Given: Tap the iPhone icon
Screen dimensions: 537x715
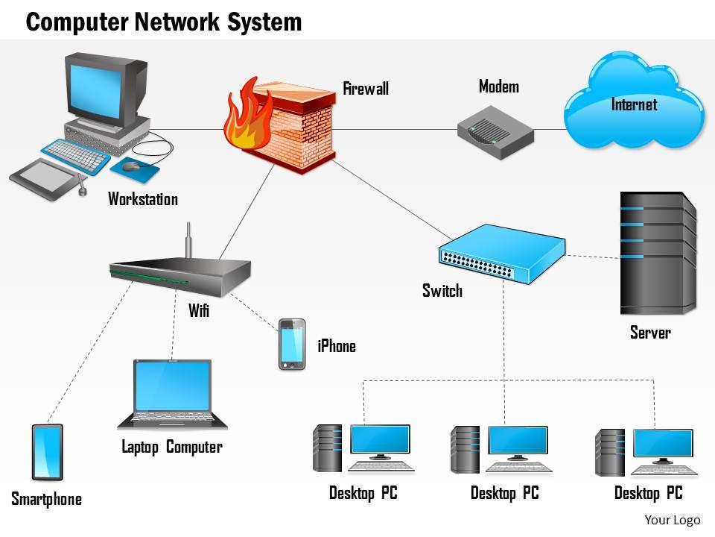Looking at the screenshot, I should [x=291, y=345].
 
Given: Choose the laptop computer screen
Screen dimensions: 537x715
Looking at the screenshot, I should [x=172, y=386].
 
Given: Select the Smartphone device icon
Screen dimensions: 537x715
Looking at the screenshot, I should [x=48, y=452].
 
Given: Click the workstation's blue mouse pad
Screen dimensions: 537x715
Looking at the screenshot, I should [x=136, y=169].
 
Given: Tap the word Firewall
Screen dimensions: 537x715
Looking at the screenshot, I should [x=366, y=89].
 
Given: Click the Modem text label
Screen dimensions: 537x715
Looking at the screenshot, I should [x=498, y=87].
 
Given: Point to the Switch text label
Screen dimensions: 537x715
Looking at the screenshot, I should [x=442, y=290].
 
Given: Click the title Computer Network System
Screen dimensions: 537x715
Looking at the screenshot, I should [x=164, y=22].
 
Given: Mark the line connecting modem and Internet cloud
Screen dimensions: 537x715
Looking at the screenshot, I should [x=550, y=129].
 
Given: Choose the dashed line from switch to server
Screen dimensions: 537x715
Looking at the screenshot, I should [x=592, y=257].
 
